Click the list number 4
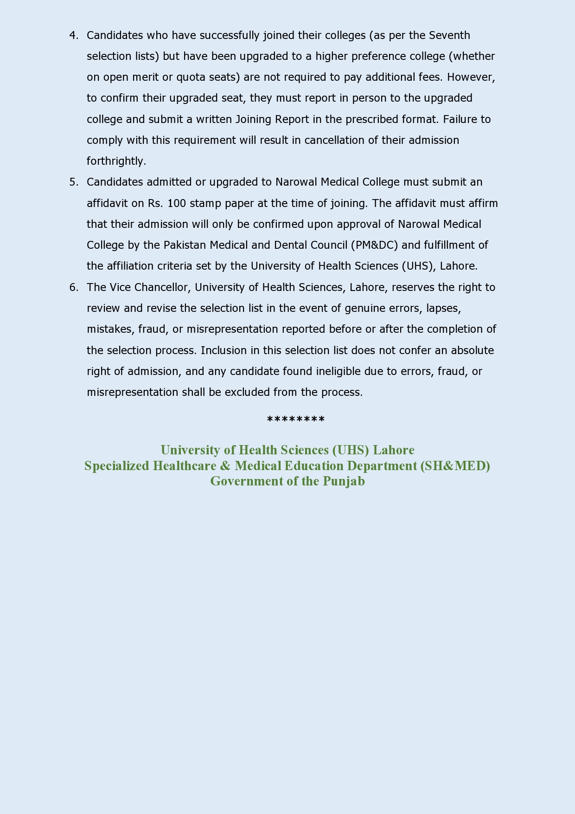(73, 36)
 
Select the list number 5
(73, 182)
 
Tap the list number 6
(73, 287)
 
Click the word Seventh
(449, 36)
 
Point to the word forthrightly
(116, 161)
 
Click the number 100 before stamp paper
(177, 203)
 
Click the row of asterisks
(296, 420)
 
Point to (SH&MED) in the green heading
(455, 465)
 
